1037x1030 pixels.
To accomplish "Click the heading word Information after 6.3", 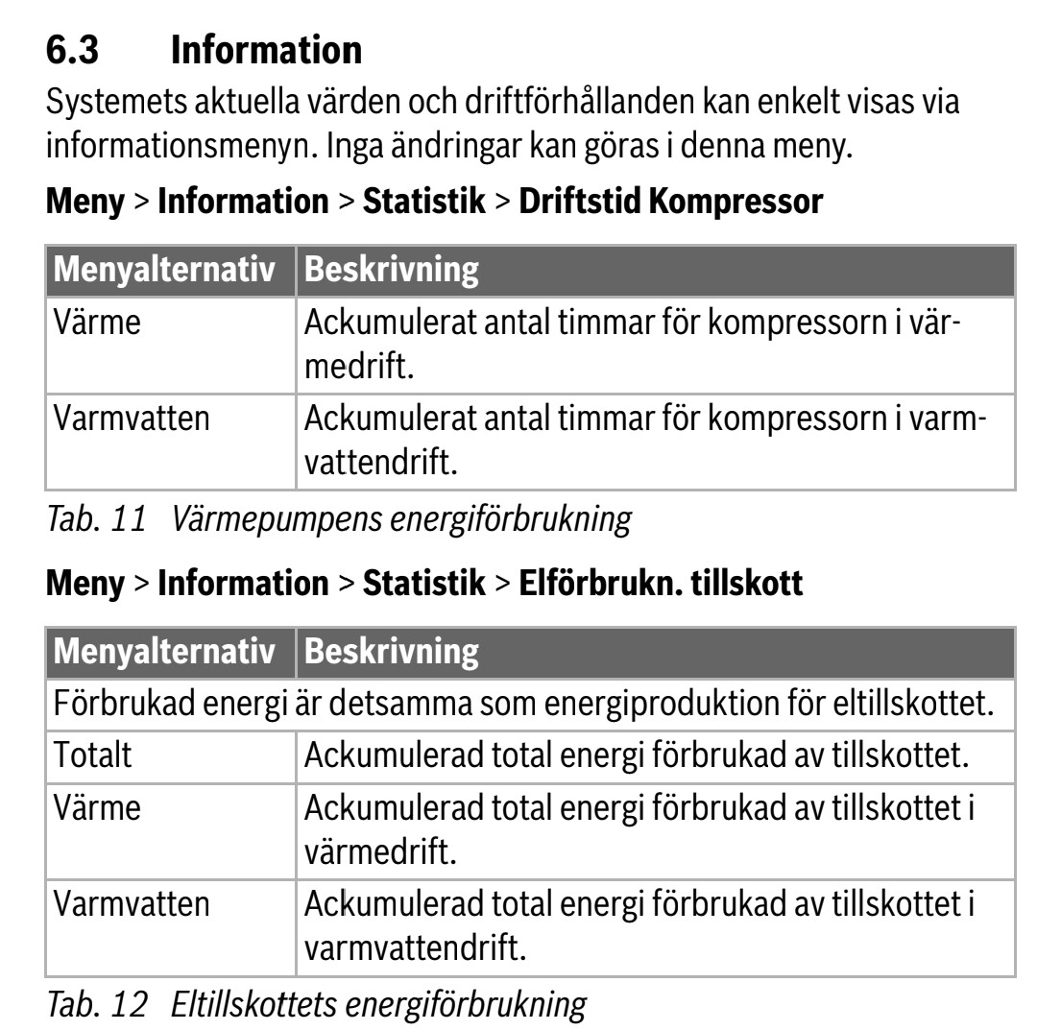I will [266, 51].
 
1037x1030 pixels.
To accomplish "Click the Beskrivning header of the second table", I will [391, 653].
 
